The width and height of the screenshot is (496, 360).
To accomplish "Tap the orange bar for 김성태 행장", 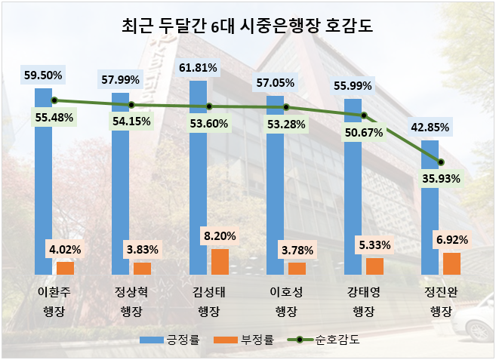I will [x=220, y=261].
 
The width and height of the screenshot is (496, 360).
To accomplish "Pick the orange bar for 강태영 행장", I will [x=374, y=266].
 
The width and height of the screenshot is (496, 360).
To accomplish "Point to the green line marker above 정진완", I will [x=441, y=162].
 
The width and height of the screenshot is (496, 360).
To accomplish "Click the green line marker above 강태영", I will [x=364, y=115].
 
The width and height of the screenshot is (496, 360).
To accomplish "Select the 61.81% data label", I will [x=199, y=68].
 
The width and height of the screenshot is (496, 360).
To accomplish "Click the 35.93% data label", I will [x=441, y=180].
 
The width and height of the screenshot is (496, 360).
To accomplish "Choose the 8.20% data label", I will [x=219, y=235].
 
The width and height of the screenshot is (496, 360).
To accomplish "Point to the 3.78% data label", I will [x=297, y=249].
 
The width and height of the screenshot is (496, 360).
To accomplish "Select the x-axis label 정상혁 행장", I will [x=131, y=301].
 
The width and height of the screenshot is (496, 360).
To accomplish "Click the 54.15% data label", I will [x=131, y=121].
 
